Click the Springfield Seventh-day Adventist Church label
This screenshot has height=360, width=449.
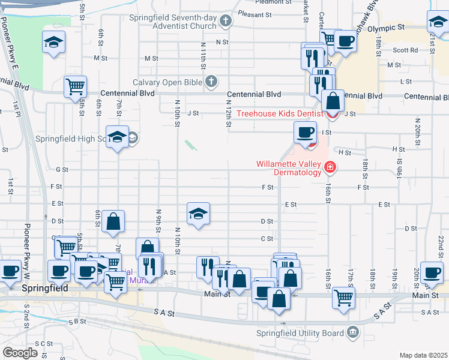pyautogui.click(x=172, y=22)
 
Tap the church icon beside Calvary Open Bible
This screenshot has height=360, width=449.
pyautogui.click(x=211, y=81)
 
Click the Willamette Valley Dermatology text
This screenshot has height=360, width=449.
pyautogui.click(x=289, y=167)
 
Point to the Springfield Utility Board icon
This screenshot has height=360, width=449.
pyautogui.click(x=353, y=332)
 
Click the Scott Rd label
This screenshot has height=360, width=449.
pyautogui.click(x=405, y=50)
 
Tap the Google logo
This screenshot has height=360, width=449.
pyautogui.click(x=20, y=353)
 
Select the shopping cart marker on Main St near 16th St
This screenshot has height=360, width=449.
pyautogui.click(x=343, y=298)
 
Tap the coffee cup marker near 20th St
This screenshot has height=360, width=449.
pyautogui.click(x=432, y=272)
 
